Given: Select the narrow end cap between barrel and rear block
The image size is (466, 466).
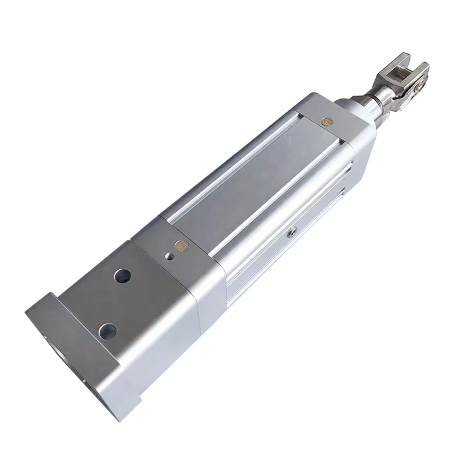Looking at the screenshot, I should coord(186,262).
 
